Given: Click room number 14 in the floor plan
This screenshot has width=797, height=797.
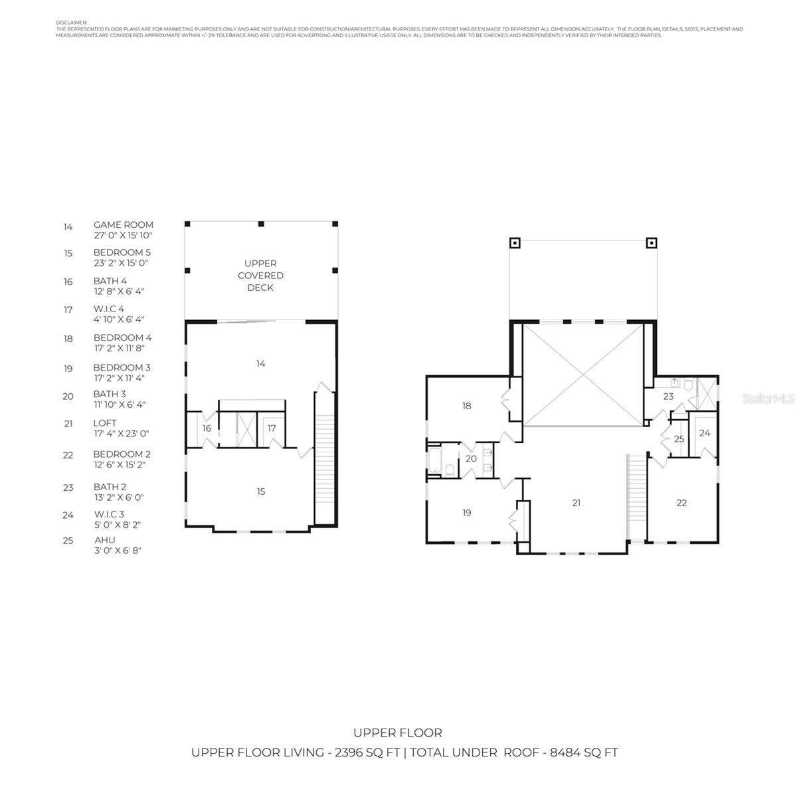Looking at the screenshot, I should (x=261, y=363).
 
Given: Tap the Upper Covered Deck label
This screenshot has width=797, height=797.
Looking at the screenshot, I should (x=260, y=276).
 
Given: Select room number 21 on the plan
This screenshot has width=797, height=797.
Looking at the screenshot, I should (x=576, y=503).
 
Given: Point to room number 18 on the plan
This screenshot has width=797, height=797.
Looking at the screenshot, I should (x=467, y=405).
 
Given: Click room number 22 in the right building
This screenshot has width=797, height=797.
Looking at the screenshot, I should (x=681, y=503).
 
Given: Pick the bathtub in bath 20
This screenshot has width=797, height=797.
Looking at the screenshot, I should (x=434, y=460).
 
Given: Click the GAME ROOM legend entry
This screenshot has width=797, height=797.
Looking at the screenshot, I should (x=123, y=224).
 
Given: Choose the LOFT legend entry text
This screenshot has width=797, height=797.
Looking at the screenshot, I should (x=105, y=422).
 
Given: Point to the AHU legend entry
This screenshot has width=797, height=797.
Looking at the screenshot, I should (x=104, y=540).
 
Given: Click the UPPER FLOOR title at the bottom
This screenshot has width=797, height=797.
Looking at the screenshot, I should (x=398, y=733).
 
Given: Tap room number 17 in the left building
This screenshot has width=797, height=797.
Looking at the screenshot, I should (x=272, y=428).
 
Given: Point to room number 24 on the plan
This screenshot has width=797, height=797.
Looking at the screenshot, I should (x=705, y=433).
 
